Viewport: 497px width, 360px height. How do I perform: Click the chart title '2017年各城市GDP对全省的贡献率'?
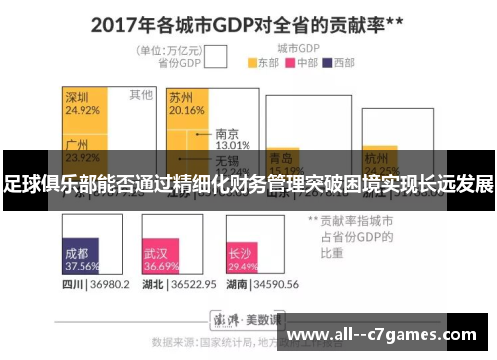pos(248,23)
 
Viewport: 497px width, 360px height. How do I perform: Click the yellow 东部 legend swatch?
pos(252,62)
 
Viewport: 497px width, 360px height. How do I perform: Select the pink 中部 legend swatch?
pos(291,62)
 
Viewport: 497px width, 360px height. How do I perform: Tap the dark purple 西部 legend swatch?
pos(329,62)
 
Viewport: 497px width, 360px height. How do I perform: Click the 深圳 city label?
pos(78,97)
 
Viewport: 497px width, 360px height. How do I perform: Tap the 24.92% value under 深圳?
pos(83,110)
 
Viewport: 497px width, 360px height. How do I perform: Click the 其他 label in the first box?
pos(141,95)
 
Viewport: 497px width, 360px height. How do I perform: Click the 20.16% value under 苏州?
pos(186,110)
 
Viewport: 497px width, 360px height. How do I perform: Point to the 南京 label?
pos(226,133)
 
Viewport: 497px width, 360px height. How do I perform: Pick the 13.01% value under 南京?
pos(232,145)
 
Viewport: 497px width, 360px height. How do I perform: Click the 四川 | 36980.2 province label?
pos(95,284)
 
